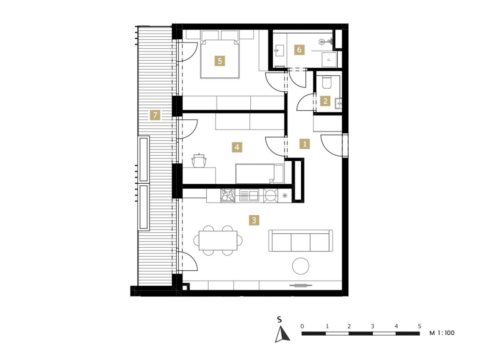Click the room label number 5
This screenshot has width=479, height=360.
[220, 61]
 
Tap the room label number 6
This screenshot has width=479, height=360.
[299, 50]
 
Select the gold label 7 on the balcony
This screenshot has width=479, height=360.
[155, 115]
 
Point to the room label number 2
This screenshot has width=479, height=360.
[325, 101]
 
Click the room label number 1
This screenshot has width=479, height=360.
[305, 144]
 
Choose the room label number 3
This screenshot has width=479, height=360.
[254, 220]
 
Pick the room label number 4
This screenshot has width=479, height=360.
[237, 147]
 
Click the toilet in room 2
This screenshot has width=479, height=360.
[327, 82]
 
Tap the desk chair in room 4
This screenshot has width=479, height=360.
[199, 161]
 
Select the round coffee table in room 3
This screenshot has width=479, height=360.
[301, 266]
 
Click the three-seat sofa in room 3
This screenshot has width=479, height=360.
[301, 241]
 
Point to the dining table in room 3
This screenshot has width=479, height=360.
[218, 240]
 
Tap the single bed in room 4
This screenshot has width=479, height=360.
[260, 174]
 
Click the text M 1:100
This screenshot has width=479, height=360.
[442, 333]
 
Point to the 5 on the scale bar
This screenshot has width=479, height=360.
[420, 326]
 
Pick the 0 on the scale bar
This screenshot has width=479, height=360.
[302, 326]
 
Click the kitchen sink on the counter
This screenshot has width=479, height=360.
[249, 195]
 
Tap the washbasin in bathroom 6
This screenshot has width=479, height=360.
[280, 50]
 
